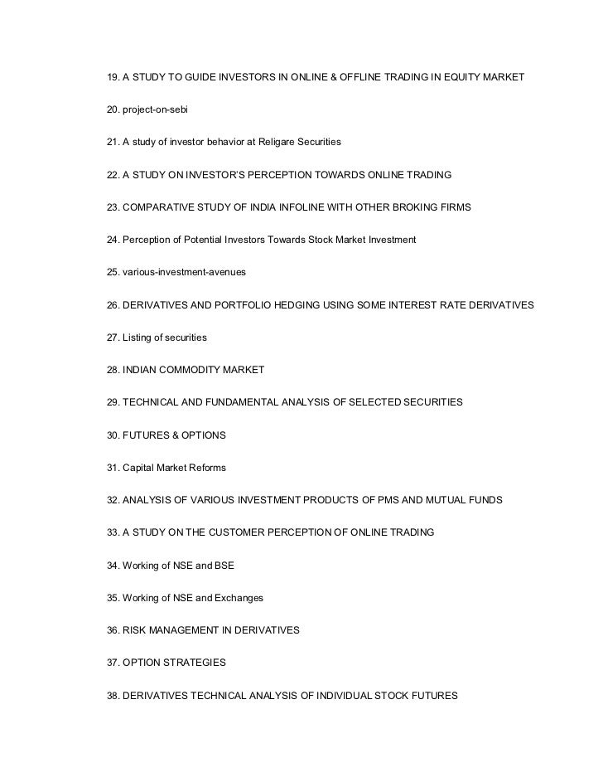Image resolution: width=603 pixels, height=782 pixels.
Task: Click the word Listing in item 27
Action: point(139,338)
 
